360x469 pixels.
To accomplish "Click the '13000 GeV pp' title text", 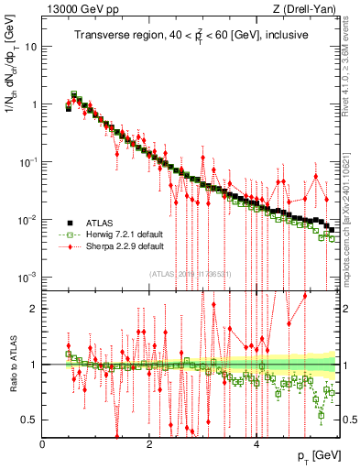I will pos(77,10).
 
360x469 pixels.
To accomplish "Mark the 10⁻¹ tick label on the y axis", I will pos(28,162).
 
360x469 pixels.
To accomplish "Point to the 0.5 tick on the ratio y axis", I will pos(30,420).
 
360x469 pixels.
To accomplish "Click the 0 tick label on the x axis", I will pos(43,444).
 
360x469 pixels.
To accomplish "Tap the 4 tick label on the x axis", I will pos(256,444).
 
